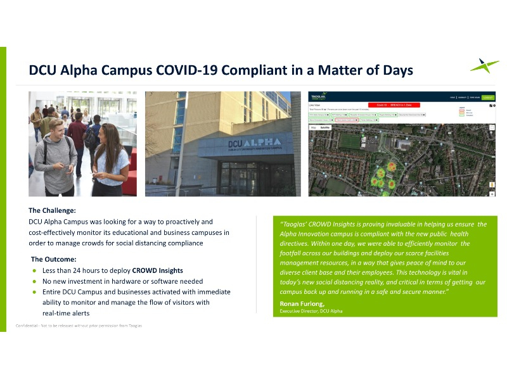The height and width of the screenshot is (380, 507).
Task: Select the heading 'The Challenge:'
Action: click(52, 210)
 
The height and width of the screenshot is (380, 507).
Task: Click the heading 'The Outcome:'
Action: click(54, 259)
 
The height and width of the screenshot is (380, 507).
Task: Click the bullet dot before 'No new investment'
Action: click(34, 281)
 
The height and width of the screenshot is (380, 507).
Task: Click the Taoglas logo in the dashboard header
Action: click(318, 97)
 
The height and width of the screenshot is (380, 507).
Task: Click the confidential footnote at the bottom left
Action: click(79, 326)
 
